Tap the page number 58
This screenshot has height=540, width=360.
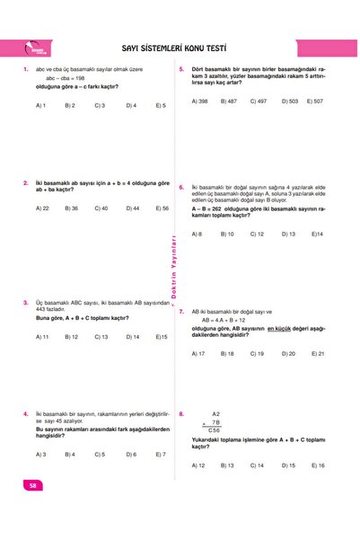[x=33, y=486]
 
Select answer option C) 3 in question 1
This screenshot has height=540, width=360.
[x=100, y=105]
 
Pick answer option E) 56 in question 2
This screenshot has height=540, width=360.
[x=162, y=208]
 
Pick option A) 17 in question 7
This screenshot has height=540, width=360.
[x=199, y=354]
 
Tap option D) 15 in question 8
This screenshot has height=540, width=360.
[x=289, y=465]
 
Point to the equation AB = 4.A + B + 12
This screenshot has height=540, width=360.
[x=229, y=320]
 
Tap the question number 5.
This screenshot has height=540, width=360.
[x=181, y=68]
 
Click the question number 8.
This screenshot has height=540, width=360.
[x=181, y=414]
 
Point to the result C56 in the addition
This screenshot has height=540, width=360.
[x=214, y=430]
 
